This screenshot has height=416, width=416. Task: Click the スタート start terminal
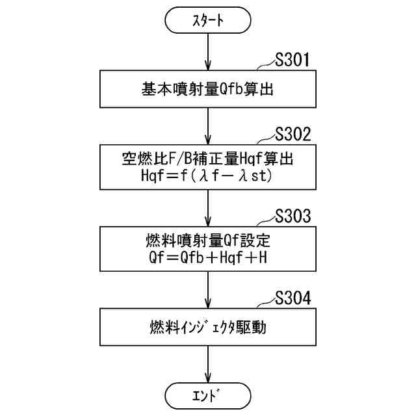tap(207, 21)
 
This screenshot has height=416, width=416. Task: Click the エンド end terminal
tap(207, 395)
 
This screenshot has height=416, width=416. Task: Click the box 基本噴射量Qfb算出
tap(207, 88)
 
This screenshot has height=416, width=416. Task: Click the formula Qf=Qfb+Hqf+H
tap(207, 259)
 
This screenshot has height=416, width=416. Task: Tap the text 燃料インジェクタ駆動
tap(207, 325)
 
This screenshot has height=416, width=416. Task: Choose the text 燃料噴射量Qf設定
tap(207, 242)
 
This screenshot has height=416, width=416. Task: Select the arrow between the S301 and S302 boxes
tap(207, 125)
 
